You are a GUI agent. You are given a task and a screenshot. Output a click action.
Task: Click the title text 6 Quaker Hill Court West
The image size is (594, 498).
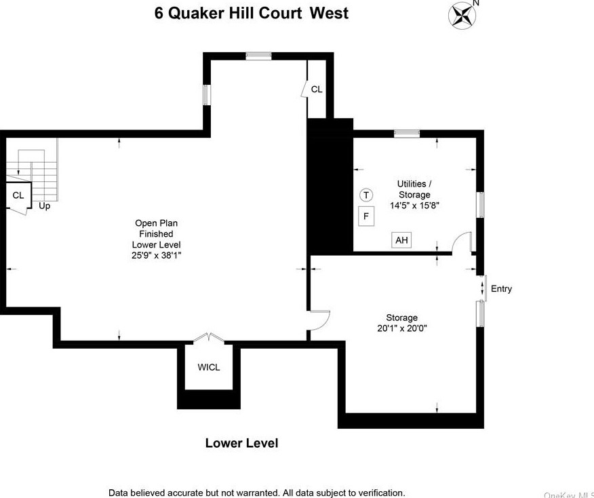[252, 13]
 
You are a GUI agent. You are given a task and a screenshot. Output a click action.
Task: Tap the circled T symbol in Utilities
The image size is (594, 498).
[366, 195]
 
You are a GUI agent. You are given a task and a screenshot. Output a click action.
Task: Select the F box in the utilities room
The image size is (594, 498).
[366, 216]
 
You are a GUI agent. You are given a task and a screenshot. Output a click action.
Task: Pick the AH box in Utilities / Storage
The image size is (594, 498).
[401, 240]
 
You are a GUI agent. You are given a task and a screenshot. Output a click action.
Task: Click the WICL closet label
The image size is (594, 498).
[209, 367]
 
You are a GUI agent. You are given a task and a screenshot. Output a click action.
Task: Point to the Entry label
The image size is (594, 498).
[501, 288]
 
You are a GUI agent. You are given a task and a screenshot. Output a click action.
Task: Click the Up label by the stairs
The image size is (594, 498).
[44, 206]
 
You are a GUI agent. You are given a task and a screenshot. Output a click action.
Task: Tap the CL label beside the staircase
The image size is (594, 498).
[18, 195]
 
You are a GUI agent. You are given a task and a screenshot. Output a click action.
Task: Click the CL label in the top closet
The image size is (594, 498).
[317, 89]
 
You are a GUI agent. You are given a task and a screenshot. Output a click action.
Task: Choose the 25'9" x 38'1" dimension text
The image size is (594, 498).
[157, 256]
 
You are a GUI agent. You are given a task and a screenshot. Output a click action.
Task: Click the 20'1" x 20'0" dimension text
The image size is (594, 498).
[401, 328]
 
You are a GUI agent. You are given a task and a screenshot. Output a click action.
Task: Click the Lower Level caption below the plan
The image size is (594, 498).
[241, 443]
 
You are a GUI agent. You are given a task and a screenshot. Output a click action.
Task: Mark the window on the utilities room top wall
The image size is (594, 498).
[407, 133]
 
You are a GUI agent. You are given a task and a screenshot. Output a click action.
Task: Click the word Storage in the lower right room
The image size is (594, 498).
[401, 318]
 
